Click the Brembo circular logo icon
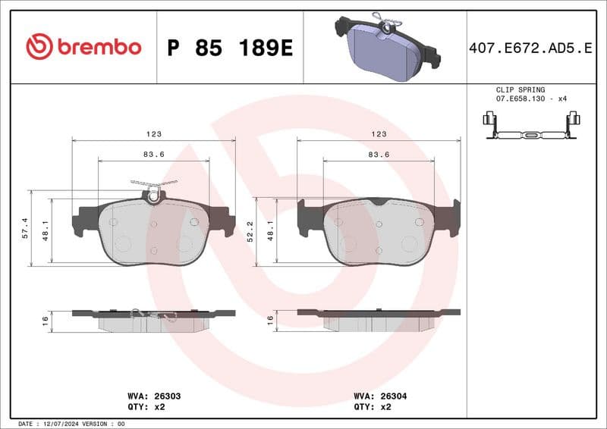[x=39, y=47]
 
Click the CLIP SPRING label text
[x=521, y=89]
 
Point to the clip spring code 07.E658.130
[x=521, y=99]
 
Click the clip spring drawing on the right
[x=531, y=128]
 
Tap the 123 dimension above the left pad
[x=154, y=134]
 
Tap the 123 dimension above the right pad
[x=379, y=134]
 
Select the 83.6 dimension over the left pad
[x=154, y=155]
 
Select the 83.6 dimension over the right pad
[x=379, y=155]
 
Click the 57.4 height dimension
[x=25, y=227]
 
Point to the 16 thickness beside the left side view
[x=46, y=321]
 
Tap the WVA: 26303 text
[x=152, y=396]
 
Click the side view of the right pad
[x=379, y=319]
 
